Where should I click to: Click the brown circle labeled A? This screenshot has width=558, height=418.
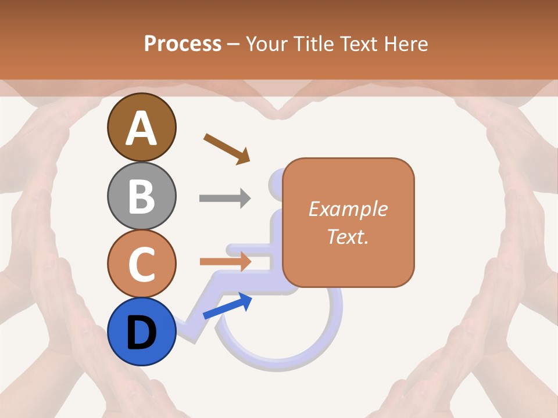click(141, 127)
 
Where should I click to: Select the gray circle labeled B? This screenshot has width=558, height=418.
click(141, 196)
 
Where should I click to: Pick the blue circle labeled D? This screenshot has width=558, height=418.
click(141, 331)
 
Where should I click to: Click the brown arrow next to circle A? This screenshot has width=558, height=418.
click(227, 148)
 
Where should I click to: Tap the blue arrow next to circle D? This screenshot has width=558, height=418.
click(227, 306)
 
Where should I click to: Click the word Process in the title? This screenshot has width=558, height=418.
click(183, 44)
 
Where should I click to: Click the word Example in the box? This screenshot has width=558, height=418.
click(348, 209)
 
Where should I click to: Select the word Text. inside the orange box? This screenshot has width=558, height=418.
click(348, 236)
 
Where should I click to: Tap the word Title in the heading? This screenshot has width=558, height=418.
click(314, 44)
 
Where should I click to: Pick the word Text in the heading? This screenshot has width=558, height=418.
click(359, 44)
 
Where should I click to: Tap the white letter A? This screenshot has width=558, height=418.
click(141, 128)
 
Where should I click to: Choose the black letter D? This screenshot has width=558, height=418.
click(141, 333)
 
